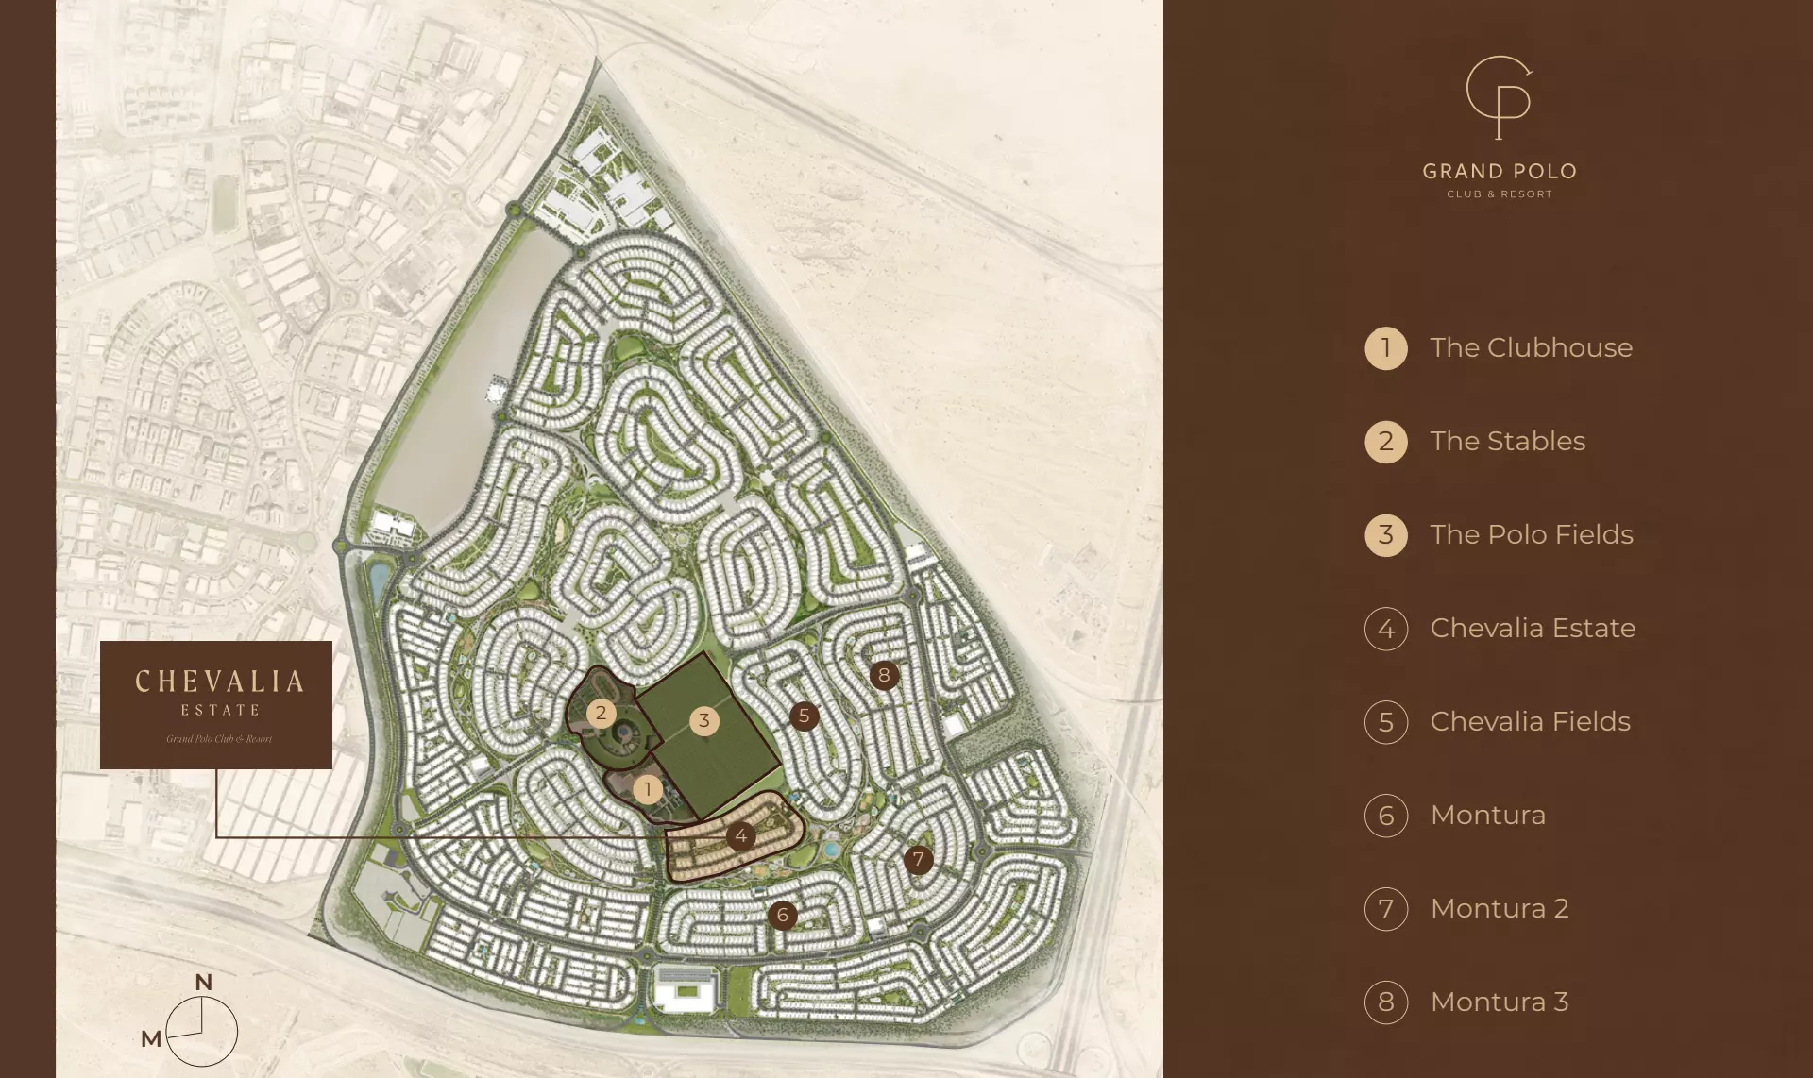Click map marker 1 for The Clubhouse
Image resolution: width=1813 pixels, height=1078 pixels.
[x=648, y=789]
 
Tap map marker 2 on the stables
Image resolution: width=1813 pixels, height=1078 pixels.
[x=601, y=713]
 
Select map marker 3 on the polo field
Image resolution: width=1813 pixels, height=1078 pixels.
[x=703, y=721]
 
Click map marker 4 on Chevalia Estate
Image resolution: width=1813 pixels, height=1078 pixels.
[x=741, y=835]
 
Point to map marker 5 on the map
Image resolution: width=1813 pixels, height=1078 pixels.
[x=804, y=716]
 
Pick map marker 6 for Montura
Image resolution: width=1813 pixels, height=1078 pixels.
[x=782, y=915]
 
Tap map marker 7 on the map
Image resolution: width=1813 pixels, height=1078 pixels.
[x=918, y=859]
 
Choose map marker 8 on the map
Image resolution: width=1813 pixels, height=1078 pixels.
[x=884, y=675]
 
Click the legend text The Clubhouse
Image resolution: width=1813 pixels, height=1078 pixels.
[x=1531, y=347]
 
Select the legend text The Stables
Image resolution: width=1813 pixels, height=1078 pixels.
[x=1507, y=441]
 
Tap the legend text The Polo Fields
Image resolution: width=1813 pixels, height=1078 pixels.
[x=1531, y=534]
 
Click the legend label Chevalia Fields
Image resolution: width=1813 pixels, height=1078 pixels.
[x=1530, y=721]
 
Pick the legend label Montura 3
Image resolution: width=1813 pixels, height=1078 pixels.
[x=1499, y=1002]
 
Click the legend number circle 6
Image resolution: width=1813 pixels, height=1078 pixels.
[x=1385, y=816]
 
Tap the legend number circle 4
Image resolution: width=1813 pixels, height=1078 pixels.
[x=1385, y=629]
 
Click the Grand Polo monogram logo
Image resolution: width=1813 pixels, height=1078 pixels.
[x=1499, y=96]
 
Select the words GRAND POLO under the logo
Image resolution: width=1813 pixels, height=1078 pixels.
[x=1500, y=172]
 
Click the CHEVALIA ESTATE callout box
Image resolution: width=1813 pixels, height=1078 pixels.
[x=216, y=704]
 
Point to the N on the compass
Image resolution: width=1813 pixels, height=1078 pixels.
[x=203, y=983]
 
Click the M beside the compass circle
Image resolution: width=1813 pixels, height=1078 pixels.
[x=151, y=1039]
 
